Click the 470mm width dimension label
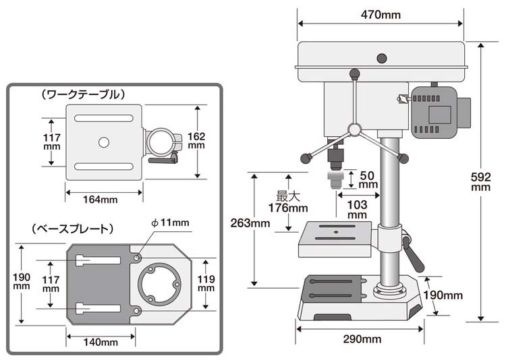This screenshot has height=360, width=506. coord(381,14)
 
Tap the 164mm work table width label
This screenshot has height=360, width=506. coord(101,199)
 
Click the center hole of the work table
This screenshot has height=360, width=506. coord(103,142)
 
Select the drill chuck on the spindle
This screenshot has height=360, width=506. coord(333,158)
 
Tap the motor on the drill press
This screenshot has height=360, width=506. coord(437,112)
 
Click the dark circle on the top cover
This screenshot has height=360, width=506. coord(382,58)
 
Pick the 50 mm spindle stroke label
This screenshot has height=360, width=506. coord(367,179)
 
